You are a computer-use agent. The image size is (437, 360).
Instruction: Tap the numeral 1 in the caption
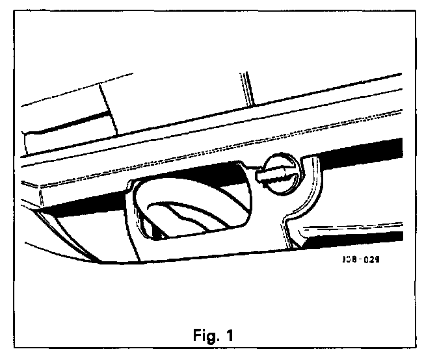pos(230,337)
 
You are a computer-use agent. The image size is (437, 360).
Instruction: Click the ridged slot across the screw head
pos(278,175)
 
